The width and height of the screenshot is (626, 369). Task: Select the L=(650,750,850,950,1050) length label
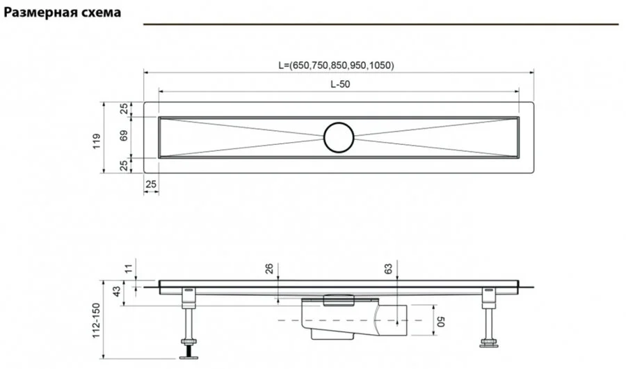pos(336,65)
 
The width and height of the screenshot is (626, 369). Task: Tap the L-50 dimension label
pos(339,84)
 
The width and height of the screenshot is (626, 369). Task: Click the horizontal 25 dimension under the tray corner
pos(151,184)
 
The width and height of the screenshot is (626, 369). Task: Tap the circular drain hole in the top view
pos(339,137)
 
